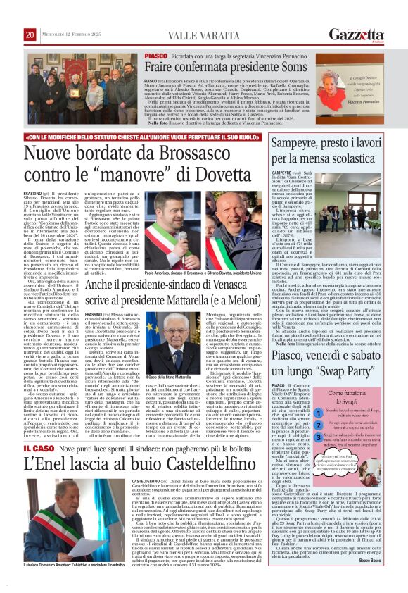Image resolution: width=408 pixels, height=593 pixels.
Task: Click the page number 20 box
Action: point(30,35)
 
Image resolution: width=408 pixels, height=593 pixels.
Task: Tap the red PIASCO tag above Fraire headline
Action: point(156,56)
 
